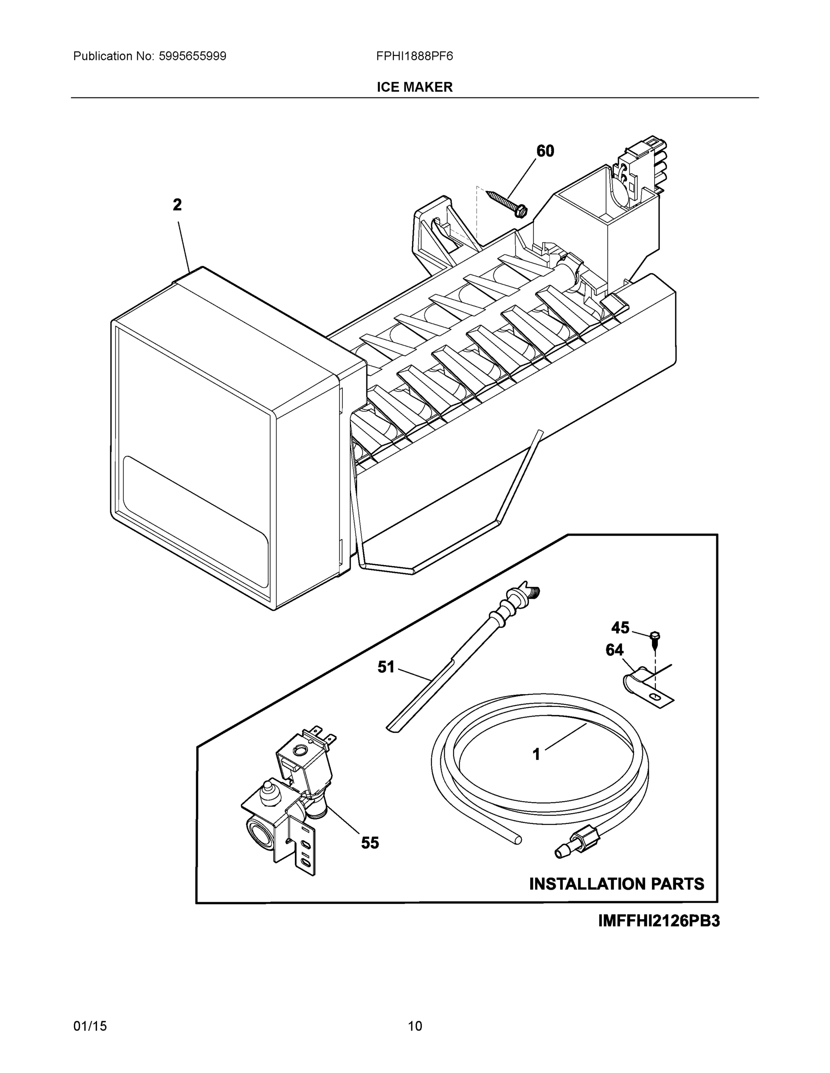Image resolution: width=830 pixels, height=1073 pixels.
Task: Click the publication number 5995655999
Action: [192, 56]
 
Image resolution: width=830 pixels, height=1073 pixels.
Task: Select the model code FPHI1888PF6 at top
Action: [414, 56]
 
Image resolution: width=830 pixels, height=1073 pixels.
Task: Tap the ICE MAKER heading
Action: [414, 87]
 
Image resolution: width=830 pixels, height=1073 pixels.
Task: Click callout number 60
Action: [545, 151]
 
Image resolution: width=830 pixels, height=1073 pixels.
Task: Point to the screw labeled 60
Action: [507, 203]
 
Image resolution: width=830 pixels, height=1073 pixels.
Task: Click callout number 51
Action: [386, 667]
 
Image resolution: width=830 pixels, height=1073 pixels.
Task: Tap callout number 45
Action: [620, 627]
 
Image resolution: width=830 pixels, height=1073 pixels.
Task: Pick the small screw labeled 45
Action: [655, 638]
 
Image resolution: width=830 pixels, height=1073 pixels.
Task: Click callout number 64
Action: [614, 650]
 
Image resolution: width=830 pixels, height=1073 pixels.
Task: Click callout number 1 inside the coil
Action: [536, 754]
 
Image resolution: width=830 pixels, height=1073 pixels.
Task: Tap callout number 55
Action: [370, 843]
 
